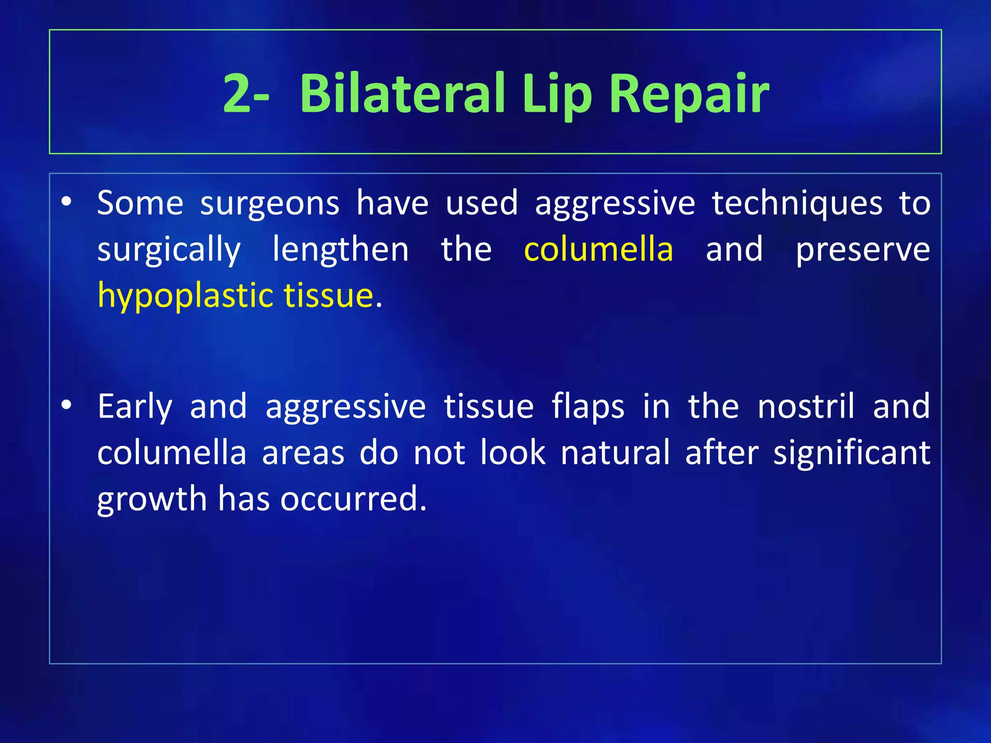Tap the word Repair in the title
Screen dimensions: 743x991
pos(689,93)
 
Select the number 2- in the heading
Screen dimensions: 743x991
pos(246,93)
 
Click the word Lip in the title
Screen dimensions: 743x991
pos(556,93)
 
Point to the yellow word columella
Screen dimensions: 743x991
pos(599,250)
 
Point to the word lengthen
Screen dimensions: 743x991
pos(341,250)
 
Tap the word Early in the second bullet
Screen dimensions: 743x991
pos(135,407)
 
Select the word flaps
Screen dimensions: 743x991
pos(588,407)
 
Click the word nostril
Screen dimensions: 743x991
pos(806,406)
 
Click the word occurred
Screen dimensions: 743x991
pos(353,499)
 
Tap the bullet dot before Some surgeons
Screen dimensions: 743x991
pos(67,201)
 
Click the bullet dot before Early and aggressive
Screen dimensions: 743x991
pos(67,404)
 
